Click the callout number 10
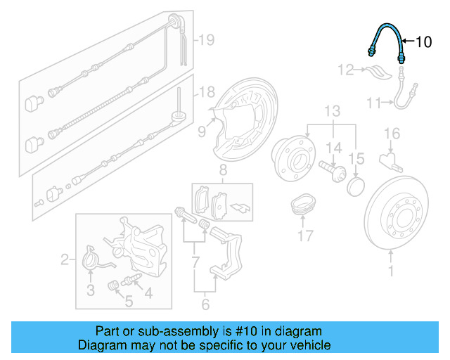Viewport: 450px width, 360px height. (423, 42)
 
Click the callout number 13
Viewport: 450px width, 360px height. (331, 111)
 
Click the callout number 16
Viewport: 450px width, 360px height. (391, 133)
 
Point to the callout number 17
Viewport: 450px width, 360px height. (305, 236)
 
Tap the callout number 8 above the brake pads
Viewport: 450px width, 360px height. (222, 170)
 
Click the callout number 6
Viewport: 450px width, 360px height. (205, 304)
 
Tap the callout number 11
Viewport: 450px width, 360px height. (373, 103)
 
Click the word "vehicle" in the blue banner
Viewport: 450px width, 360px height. (307, 345)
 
